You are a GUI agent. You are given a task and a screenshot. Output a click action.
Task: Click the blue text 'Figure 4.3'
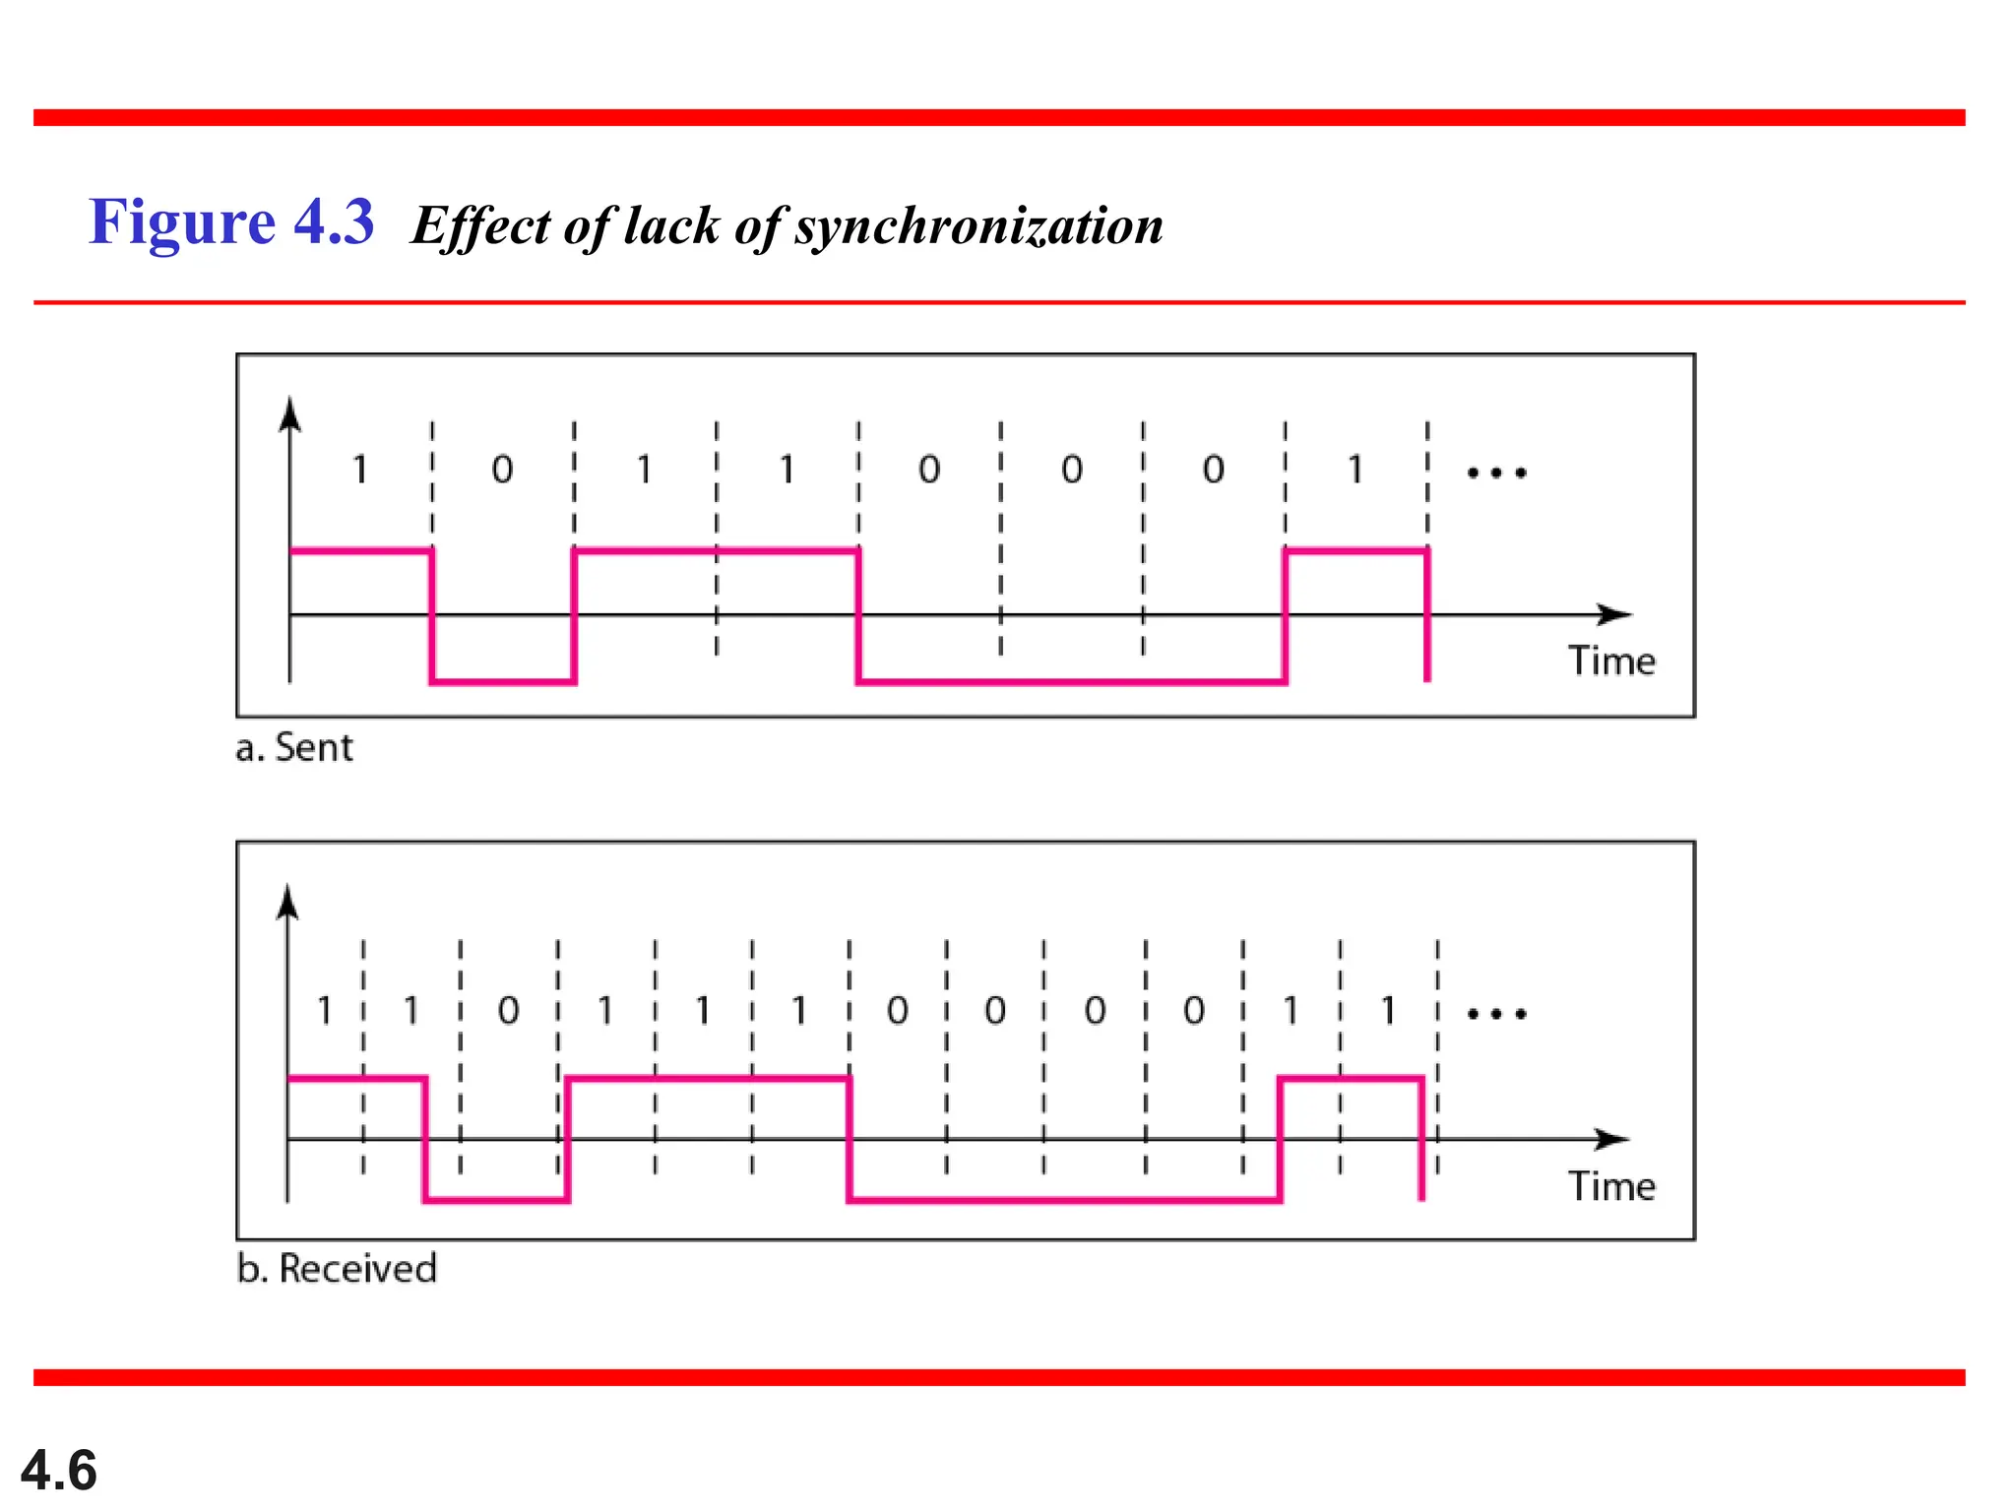click(231, 221)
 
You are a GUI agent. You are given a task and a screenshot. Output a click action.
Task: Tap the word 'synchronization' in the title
click(978, 226)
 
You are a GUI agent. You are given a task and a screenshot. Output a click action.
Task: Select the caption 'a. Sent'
click(293, 748)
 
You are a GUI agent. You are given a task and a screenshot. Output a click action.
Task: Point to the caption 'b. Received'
click(337, 1269)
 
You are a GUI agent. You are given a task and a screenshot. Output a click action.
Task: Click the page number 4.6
click(59, 1471)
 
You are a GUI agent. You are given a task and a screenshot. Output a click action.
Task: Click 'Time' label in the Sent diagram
click(1611, 661)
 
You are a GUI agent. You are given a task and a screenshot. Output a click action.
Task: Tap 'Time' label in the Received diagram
click(1611, 1187)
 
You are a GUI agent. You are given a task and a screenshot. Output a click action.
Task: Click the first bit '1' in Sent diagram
click(360, 471)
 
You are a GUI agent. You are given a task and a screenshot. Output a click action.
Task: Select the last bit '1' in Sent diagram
click(1355, 471)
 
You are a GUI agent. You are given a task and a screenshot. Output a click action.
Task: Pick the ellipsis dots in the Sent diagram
click(1496, 473)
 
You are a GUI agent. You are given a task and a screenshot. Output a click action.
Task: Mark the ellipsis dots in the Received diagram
click(1496, 1014)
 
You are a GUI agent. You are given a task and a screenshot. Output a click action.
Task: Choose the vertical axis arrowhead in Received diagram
click(287, 901)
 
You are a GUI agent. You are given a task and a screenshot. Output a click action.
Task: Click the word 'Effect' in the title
click(479, 226)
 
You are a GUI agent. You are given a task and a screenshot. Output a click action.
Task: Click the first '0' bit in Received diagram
click(508, 1011)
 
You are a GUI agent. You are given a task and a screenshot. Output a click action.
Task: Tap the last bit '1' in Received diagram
click(1388, 1011)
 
